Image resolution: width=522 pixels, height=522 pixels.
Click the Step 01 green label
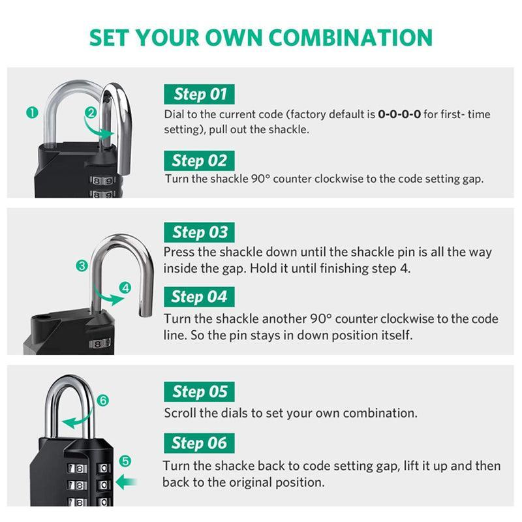198,95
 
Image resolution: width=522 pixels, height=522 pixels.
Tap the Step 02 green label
199,161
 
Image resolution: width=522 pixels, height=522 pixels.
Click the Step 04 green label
198,297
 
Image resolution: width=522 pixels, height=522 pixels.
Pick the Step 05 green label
199,391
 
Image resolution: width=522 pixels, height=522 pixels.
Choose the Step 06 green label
198,443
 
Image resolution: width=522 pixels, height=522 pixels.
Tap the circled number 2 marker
91,112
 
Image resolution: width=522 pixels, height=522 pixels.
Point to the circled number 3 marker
82,266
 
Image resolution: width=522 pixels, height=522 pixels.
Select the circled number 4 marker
126,287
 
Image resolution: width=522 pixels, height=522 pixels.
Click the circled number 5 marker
125,461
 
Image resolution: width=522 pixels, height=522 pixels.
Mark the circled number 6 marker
102,401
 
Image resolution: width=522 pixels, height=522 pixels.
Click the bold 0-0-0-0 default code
399,114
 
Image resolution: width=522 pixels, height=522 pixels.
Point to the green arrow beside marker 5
127,483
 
